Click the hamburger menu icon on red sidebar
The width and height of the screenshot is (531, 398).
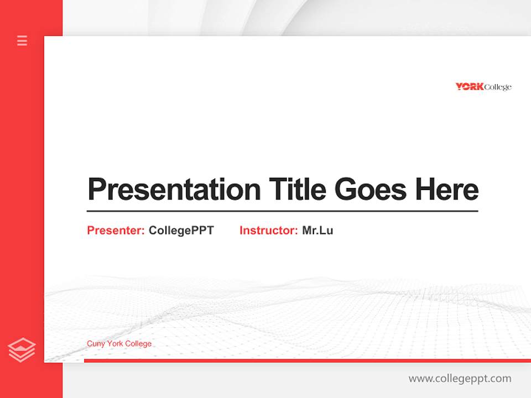pyautogui.click(x=22, y=40)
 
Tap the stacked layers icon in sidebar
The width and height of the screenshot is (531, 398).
pyautogui.click(x=22, y=350)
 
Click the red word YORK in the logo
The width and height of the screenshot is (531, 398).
pyautogui.click(x=470, y=87)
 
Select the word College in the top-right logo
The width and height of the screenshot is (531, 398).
pyautogui.click(x=498, y=87)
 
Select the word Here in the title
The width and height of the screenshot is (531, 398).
pyautogui.click(x=446, y=190)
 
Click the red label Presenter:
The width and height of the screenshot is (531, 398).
pyautogui.click(x=116, y=231)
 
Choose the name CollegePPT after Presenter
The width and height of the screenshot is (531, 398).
pyautogui.click(x=181, y=231)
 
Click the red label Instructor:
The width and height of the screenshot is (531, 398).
pyautogui.click(x=269, y=231)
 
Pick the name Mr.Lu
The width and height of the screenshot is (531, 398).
pyautogui.click(x=317, y=231)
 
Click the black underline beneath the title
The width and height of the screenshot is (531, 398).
pyautogui.click(x=282, y=211)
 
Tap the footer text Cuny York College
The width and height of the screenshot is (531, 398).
pyautogui.click(x=119, y=344)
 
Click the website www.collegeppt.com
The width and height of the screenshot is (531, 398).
pyautogui.click(x=460, y=379)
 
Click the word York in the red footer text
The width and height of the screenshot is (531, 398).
pyautogui.click(x=114, y=344)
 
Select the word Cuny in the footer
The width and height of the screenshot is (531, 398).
pyautogui.click(x=95, y=344)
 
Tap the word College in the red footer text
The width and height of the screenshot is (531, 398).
pyautogui.click(x=138, y=344)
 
